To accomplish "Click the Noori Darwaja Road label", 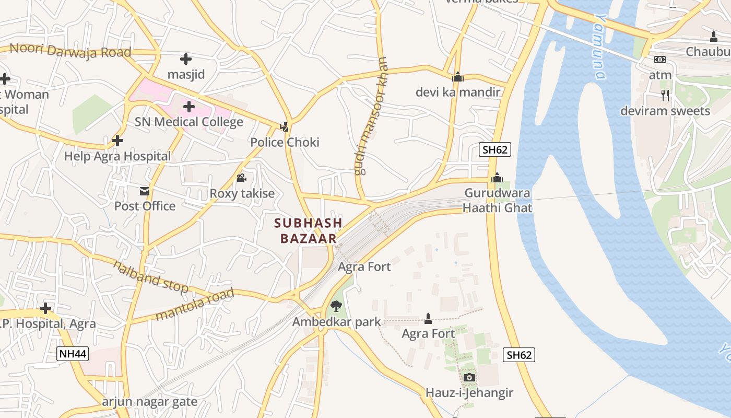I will [70, 51].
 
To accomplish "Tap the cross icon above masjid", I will [185, 59].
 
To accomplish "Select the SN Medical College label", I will [189, 122].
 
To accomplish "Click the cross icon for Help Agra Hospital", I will [117, 141].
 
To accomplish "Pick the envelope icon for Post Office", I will [144, 191].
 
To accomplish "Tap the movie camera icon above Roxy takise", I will [241, 178].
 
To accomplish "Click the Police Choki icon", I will [284, 126].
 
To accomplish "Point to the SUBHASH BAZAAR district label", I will [308, 230].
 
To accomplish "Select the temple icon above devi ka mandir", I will [458, 77].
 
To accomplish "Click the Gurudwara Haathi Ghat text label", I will [498, 201].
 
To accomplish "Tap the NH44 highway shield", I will [73, 354].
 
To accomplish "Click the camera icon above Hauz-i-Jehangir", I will [469, 377].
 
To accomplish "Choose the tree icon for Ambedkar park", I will [336, 306].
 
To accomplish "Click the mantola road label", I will [195, 304].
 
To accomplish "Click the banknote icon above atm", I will [660, 60].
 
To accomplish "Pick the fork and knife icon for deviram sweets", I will [665, 95].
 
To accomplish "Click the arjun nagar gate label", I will [149, 402].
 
